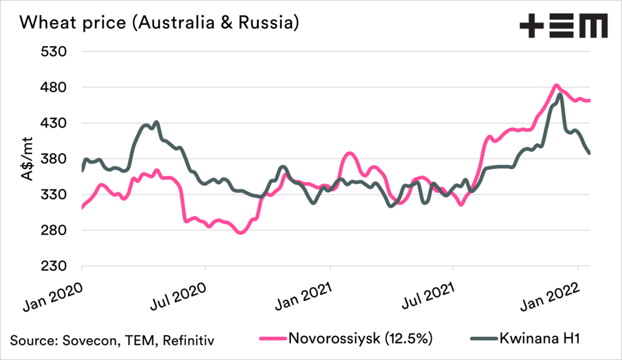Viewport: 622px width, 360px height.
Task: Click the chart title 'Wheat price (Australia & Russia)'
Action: pos(159,24)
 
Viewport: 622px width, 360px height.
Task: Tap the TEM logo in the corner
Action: pos(563,26)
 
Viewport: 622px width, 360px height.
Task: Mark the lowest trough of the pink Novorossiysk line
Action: pos(241,233)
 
